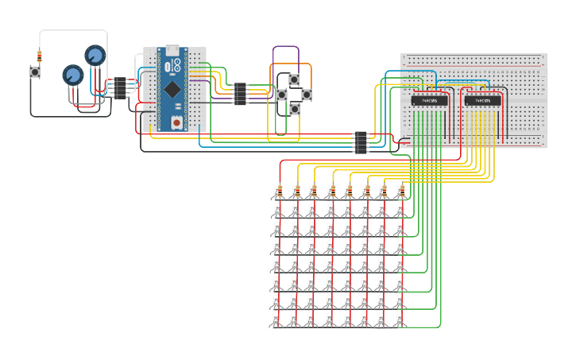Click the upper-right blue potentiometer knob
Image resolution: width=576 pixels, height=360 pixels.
(x=95, y=56)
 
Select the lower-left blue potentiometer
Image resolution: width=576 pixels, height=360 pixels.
(x=73, y=75)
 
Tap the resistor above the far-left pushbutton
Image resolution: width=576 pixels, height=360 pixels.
(x=40, y=56)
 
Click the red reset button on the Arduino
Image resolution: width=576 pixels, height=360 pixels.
(x=176, y=122)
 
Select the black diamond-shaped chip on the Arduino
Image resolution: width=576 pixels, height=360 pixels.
(x=172, y=89)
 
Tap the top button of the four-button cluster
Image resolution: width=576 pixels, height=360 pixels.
(x=294, y=79)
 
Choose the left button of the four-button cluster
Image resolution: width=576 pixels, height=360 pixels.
(x=281, y=95)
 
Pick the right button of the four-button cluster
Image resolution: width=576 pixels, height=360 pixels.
(x=307, y=95)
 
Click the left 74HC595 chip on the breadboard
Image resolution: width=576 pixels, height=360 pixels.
(x=429, y=101)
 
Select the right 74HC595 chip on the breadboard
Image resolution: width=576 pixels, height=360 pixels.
(x=482, y=101)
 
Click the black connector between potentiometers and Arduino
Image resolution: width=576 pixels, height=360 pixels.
(x=119, y=87)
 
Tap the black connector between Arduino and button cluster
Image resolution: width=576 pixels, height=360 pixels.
(x=240, y=94)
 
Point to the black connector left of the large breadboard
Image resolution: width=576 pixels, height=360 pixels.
(x=361, y=142)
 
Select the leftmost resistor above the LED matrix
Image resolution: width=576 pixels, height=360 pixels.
(x=279, y=190)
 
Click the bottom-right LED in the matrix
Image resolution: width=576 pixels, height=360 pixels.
(x=400, y=319)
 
